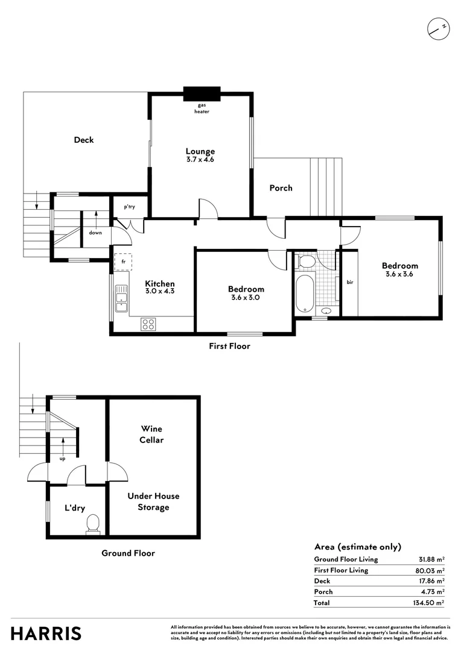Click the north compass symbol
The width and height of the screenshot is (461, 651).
pos(438,29)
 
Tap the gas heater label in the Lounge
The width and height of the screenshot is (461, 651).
pos(202,108)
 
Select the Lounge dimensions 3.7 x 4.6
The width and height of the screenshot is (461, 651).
pos(200,159)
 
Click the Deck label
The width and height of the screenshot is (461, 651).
pos(84,140)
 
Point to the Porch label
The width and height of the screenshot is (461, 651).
pos(281,188)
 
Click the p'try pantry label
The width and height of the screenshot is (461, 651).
pos(129,207)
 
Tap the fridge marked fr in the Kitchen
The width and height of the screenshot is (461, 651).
pos(123,262)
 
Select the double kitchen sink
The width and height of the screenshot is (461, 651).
pos(121,298)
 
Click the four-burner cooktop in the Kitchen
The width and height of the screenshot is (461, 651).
pos(148,324)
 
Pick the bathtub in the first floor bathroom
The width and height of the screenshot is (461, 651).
pos(305,294)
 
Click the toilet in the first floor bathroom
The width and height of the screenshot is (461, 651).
pos(306,262)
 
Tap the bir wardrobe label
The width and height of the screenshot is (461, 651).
pos(350,282)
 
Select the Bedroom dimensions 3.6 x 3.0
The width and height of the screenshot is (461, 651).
pos(246,297)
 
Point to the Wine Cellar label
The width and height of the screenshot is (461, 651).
pos(151,434)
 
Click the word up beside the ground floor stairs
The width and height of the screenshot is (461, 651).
pos(62,459)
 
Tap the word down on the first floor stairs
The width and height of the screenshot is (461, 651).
pos(95,233)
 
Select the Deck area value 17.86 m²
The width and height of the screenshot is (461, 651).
pos(431,581)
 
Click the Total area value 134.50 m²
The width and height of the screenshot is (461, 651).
pos(428,602)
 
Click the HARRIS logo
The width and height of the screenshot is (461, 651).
pos(46,634)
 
